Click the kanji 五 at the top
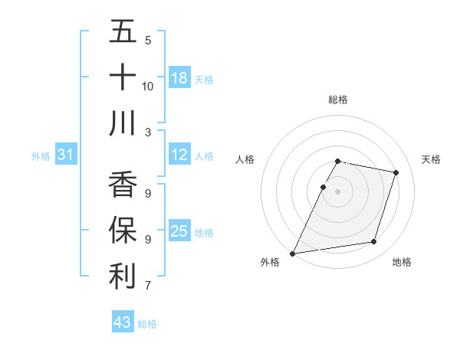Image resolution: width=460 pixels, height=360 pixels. pyautogui.click(x=123, y=32)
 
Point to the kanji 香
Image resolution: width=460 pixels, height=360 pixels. pyautogui.click(x=123, y=186)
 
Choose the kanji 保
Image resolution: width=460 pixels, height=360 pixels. pyautogui.click(x=123, y=231)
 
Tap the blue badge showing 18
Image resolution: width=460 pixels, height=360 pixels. pyautogui.click(x=179, y=78)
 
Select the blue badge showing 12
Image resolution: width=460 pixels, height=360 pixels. pyautogui.click(x=179, y=155)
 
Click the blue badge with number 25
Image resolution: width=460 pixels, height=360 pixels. pyautogui.click(x=179, y=231)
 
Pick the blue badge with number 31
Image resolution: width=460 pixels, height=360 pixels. pyautogui.click(x=66, y=155)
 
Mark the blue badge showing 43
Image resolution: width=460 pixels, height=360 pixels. pyautogui.click(x=123, y=322)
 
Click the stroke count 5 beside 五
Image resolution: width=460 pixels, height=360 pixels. pyautogui.click(x=148, y=40)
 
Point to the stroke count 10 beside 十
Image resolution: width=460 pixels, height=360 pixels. pyautogui.click(x=148, y=86)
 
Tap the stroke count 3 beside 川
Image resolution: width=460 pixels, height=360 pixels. pyautogui.click(x=148, y=132)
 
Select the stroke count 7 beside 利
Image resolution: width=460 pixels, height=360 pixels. pyautogui.click(x=148, y=286)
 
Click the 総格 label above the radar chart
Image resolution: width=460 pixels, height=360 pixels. pyautogui.click(x=338, y=100)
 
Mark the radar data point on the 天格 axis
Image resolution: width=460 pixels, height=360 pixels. pyautogui.click(x=396, y=172)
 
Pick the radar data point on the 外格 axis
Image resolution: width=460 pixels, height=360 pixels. pyautogui.click(x=293, y=253)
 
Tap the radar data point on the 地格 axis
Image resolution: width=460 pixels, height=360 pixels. pyautogui.click(x=373, y=242)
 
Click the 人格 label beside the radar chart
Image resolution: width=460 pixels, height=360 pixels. pyautogui.click(x=245, y=159)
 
